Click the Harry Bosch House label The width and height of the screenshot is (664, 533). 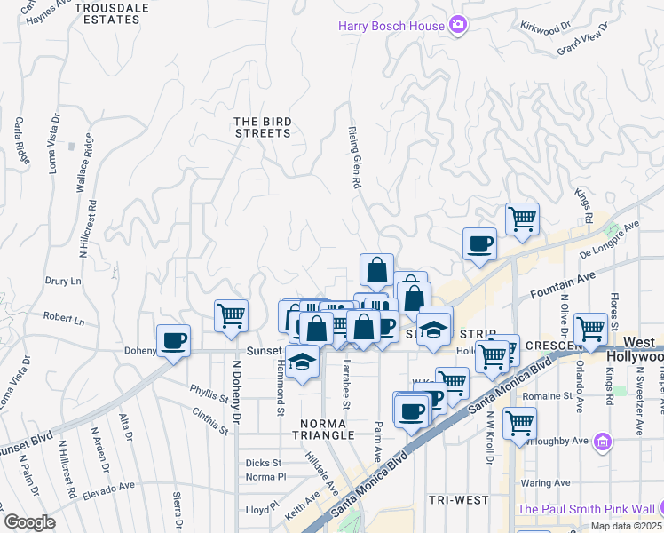point(391,26)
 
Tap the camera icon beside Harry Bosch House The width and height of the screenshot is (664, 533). point(458,25)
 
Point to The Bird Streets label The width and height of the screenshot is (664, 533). point(262,127)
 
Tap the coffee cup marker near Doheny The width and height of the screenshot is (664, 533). point(173,340)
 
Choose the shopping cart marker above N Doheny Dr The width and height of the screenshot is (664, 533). point(231,314)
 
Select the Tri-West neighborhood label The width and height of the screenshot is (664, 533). point(459,500)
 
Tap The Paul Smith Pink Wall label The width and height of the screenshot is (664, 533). point(586,508)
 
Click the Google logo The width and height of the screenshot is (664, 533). point(29,522)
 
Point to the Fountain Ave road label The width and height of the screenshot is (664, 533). point(560,285)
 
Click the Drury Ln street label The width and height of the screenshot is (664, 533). point(62,281)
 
